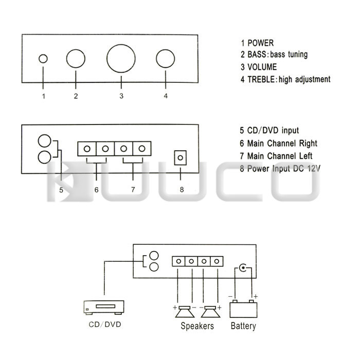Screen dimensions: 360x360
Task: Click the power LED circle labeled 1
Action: (x=43, y=59)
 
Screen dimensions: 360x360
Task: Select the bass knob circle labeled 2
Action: (x=76, y=59)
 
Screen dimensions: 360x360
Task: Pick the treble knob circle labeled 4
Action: (x=166, y=59)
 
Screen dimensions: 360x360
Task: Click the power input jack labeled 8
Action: (x=181, y=157)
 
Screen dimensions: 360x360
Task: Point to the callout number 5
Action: (x=61, y=190)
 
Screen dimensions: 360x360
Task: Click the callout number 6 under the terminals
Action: (x=96, y=190)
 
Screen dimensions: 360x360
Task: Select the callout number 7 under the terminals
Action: (x=133, y=190)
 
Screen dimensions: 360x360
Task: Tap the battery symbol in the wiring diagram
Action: (x=243, y=309)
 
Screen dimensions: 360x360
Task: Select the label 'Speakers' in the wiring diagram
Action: (x=197, y=326)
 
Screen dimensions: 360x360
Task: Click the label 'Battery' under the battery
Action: (x=243, y=326)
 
